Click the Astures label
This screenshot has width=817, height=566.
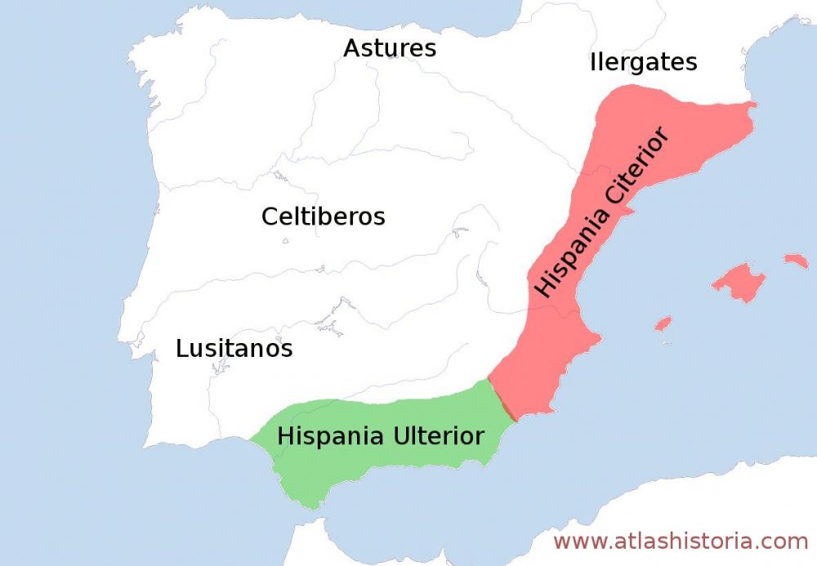click(x=389, y=48)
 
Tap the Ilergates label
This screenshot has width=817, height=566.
click(x=643, y=62)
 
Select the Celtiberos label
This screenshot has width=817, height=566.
click(x=323, y=216)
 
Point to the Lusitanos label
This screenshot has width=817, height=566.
click(x=234, y=349)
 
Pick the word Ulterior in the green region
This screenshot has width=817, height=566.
click(x=438, y=435)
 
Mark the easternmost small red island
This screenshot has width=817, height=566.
click(x=796, y=261)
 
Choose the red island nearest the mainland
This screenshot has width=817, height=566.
click(x=663, y=323)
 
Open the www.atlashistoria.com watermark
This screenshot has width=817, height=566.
click(x=680, y=541)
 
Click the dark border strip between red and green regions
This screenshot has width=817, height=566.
click(x=503, y=400)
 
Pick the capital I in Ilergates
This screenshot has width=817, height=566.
click(x=592, y=62)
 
